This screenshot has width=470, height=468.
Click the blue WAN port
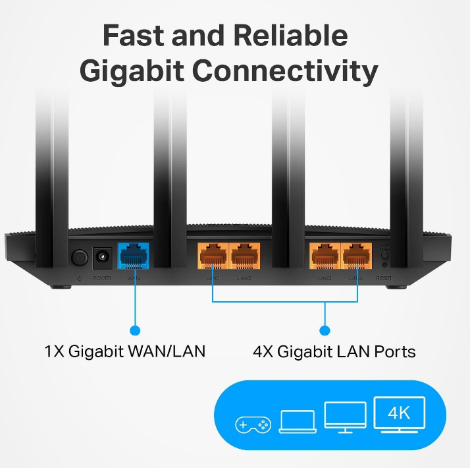[x=134, y=256]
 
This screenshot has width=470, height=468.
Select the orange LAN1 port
[x=213, y=256]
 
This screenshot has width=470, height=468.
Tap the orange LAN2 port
[x=244, y=256]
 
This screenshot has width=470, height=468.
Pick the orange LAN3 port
[x=325, y=256]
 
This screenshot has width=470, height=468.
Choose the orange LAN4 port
[x=356, y=256]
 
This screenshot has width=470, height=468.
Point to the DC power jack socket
[x=103, y=256]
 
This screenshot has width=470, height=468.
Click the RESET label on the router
[x=384, y=279]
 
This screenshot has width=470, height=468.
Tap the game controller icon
[x=253, y=424]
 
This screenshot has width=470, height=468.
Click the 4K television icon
[x=400, y=416]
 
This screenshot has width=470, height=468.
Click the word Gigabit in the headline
[x=136, y=71]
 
